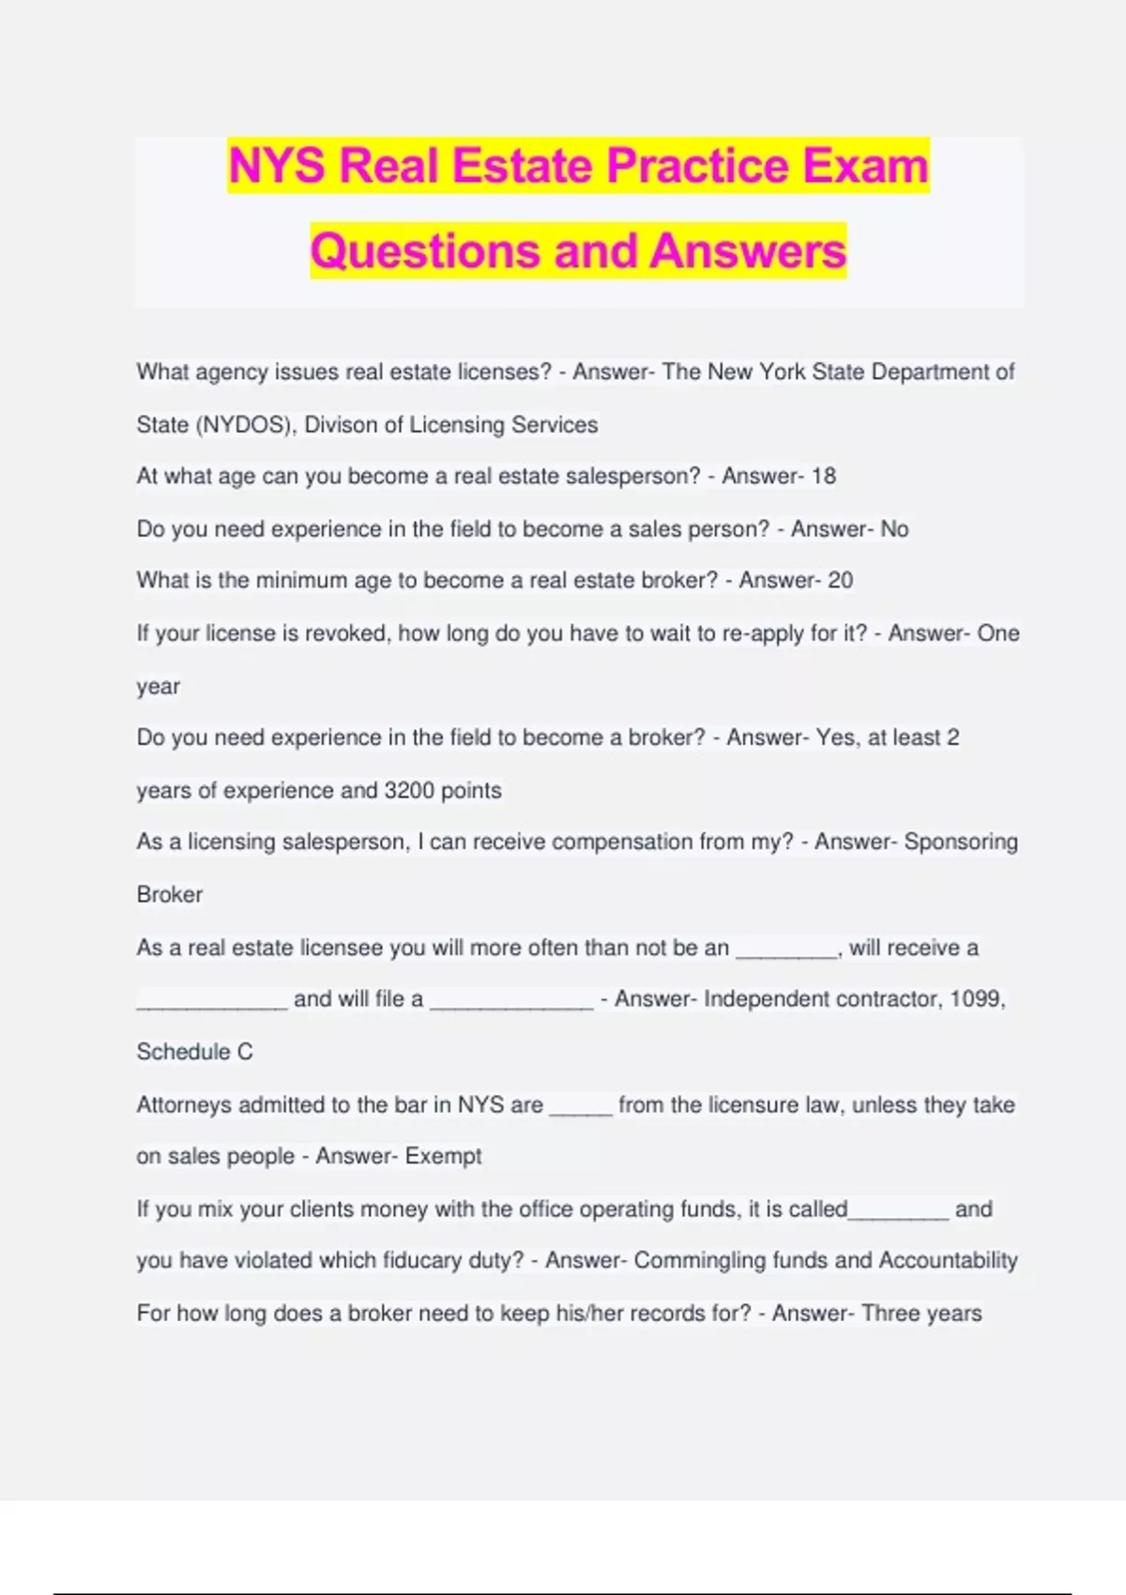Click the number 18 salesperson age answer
click(824, 477)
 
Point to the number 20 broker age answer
click(841, 581)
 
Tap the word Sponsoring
click(961, 842)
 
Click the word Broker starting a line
click(170, 895)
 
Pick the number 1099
click(975, 999)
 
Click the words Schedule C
click(195, 1053)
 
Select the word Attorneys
click(184, 1105)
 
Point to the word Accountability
click(948, 1261)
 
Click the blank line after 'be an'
click(786, 949)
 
